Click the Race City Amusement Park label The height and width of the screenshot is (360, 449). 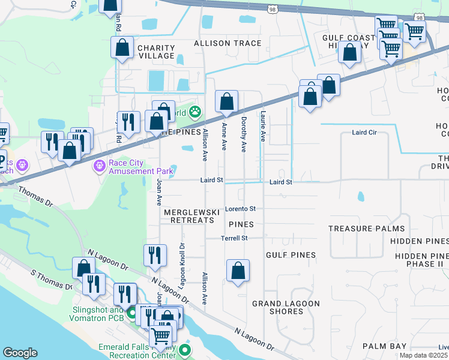tap(140, 166)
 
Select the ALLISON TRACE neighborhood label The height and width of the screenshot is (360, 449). tap(228, 43)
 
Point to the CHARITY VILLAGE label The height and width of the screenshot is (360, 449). tap(156, 52)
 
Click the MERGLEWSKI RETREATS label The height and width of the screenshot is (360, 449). tap(188, 216)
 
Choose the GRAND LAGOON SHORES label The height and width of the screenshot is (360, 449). tap(286, 307)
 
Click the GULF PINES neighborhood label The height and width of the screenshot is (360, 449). tap(291, 255)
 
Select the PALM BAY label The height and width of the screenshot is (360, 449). tap(384, 346)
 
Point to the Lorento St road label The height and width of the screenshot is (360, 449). tap(241, 209)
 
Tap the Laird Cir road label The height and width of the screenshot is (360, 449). tap(364, 133)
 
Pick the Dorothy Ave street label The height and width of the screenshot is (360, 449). tap(244, 134)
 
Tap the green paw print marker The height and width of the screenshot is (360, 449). tap(195, 112)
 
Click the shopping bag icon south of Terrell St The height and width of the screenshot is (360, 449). tap(238, 271)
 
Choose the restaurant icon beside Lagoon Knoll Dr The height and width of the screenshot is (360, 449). tap(155, 256)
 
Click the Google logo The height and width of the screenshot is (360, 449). tap(20, 353)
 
